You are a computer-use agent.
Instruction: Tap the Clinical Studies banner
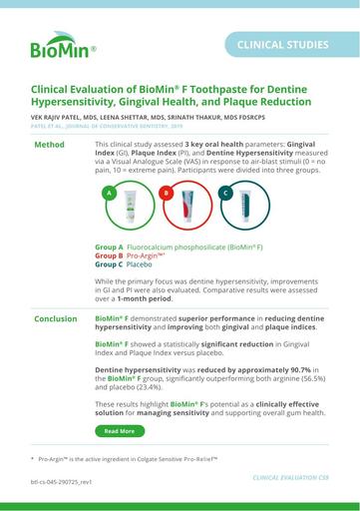point(282,45)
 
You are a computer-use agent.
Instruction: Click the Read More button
point(119,431)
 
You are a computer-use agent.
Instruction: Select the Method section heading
point(49,145)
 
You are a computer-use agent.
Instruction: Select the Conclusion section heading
point(55,291)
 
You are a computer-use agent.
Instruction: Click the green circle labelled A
point(107,192)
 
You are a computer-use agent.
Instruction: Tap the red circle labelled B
point(166,192)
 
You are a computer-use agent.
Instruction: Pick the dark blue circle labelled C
point(225,192)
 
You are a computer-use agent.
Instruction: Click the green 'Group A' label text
point(109,246)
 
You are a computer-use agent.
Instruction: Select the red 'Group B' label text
point(109,255)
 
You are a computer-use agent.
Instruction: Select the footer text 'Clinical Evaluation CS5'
point(290,477)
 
